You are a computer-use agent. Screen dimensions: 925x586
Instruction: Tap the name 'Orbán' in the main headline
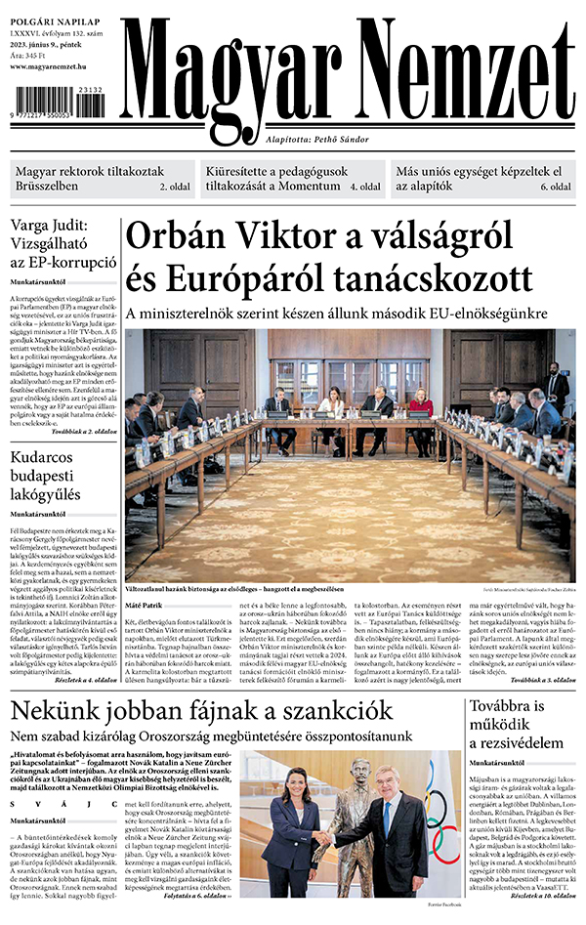(182, 238)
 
